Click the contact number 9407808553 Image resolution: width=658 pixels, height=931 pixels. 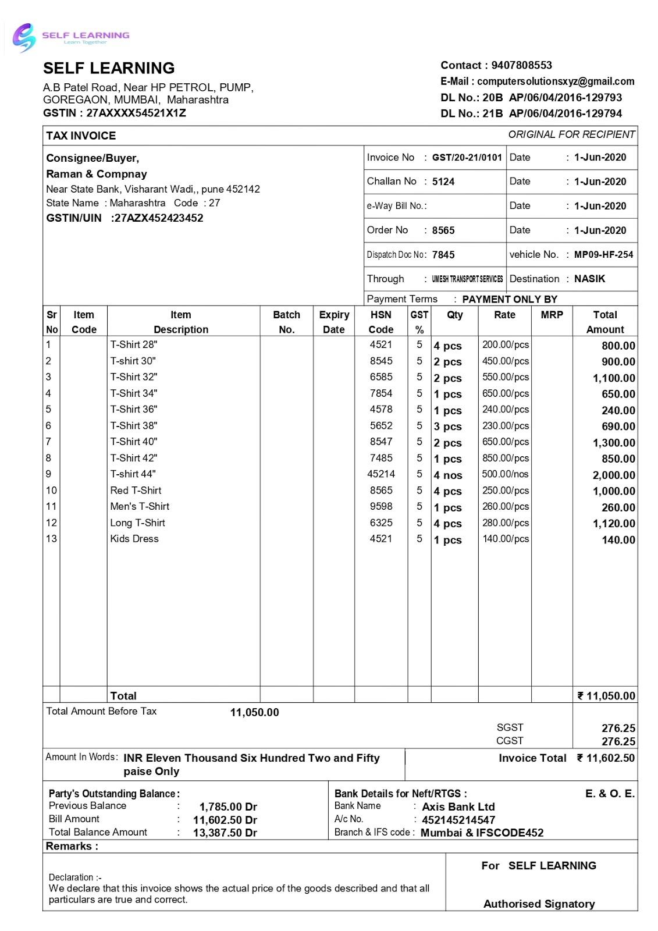click(x=521, y=65)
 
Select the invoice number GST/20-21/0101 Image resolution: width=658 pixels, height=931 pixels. click(x=467, y=158)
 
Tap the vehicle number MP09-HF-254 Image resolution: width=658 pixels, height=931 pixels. click(x=603, y=255)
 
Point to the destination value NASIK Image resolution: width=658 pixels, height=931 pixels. click(x=589, y=279)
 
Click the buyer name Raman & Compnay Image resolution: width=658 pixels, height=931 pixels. click(x=97, y=174)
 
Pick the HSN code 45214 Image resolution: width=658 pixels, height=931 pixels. click(x=380, y=474)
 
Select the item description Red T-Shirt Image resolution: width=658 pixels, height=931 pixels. click(x=136, y=491)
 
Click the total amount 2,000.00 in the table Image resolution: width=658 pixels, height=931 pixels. click(x=613, y=475)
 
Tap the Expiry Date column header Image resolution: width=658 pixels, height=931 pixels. click(x=334, y=322)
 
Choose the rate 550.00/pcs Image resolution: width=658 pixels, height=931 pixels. click(x=505, y=377)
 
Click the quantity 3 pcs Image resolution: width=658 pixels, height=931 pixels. click(x=447, y=427)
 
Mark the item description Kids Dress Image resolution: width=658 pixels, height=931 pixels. click(x=134, y=539)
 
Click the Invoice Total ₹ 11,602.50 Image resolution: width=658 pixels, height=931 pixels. click(x=605, y=758)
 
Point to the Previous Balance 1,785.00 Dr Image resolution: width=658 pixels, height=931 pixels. click(x=228, y=806)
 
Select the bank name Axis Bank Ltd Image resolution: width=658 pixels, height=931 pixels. click(x=458, y=807)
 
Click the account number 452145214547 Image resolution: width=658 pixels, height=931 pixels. click(x=458, y=820)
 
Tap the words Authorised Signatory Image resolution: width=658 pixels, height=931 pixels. click(x=539, y=904)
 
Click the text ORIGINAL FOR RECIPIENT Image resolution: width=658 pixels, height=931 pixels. click(x=571, y=134)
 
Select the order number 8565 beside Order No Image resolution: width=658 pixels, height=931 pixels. click(x=443, y=230)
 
